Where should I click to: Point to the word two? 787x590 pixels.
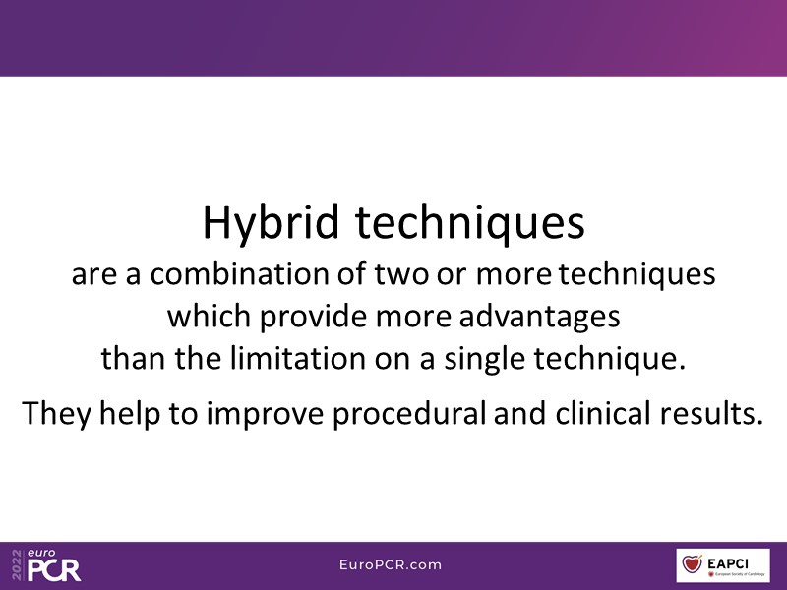tap(401, 275)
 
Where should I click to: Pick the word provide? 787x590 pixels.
tap(313, 318)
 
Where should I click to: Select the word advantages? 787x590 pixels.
tap(539, 318)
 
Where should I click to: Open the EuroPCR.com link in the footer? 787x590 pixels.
tap(391, 564)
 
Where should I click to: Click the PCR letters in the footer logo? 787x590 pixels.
tap(54, 570)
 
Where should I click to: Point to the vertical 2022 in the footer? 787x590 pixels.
tap(18, 564)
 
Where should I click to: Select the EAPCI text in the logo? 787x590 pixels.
tap(727, 563)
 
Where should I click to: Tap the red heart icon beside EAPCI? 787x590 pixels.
tap(693, 563)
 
